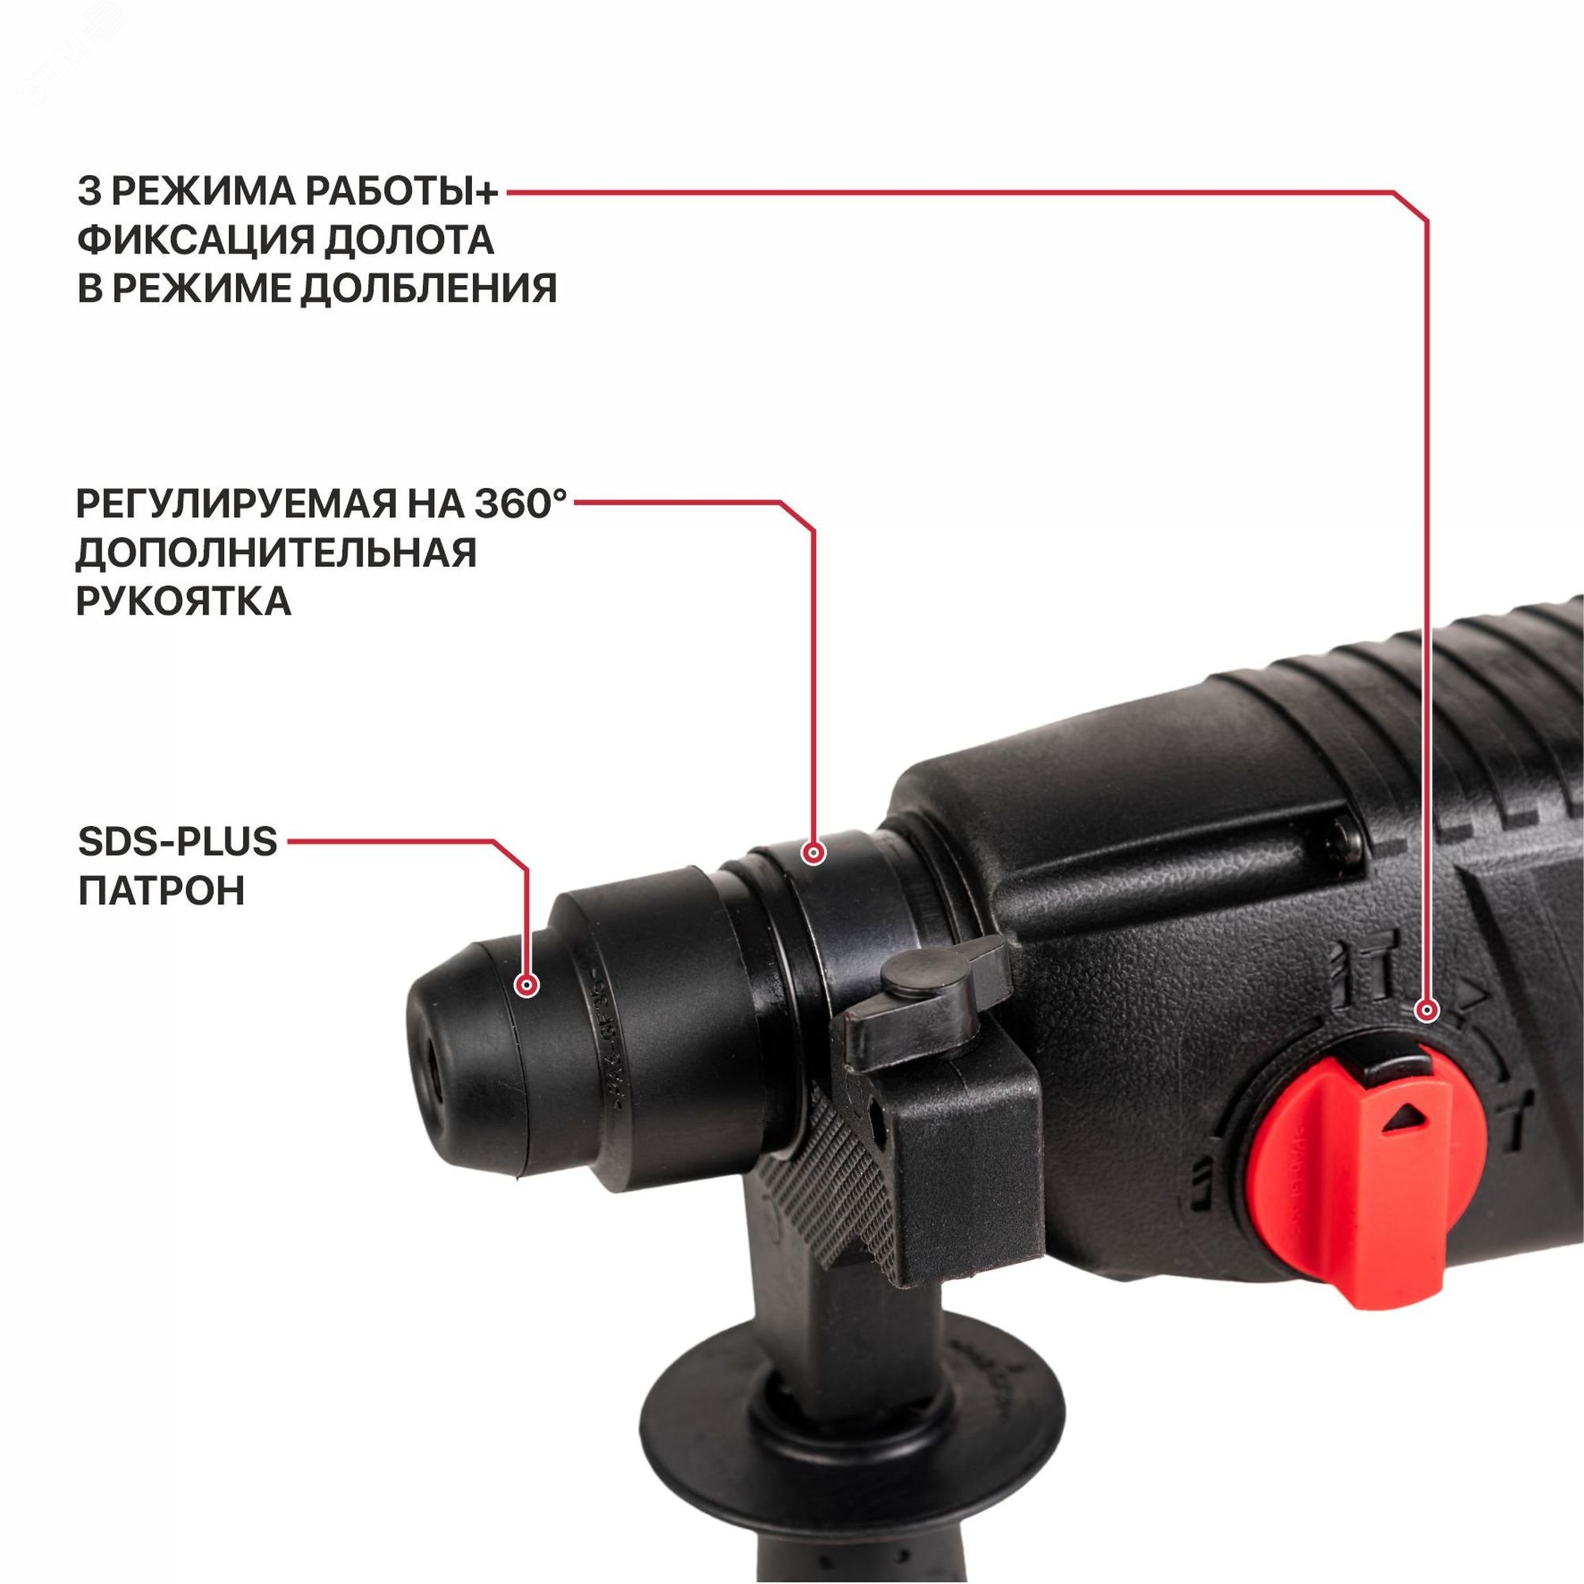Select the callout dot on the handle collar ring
[813, 854]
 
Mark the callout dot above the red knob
[1427, 1011]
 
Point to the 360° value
[520, 503]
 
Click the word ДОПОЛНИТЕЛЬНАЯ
[276, 553]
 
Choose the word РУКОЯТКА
[184, 601]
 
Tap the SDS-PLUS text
[178, 842]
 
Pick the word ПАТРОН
[162, 891]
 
